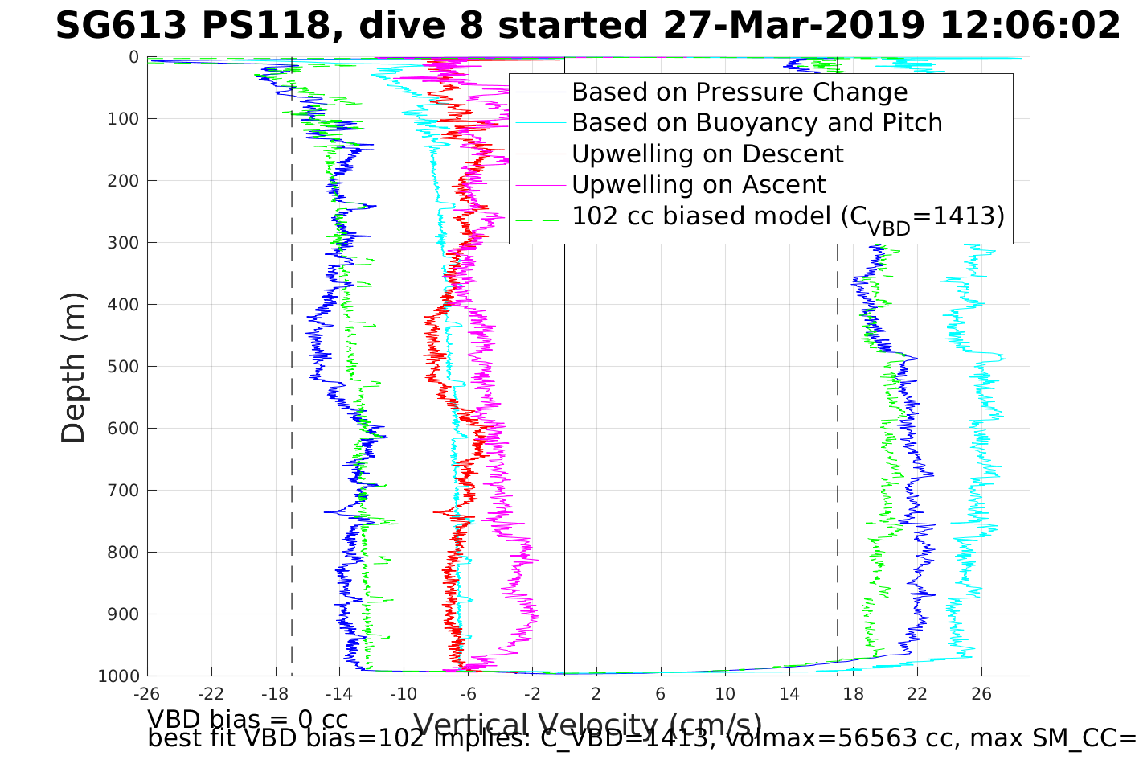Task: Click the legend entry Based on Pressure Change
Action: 740,92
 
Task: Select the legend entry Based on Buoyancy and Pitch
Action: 756,123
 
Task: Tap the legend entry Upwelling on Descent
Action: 707,154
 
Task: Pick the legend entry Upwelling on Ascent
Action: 699,185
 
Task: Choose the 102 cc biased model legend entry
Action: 788,217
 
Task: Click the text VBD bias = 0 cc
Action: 248,718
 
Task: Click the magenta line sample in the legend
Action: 541,185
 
